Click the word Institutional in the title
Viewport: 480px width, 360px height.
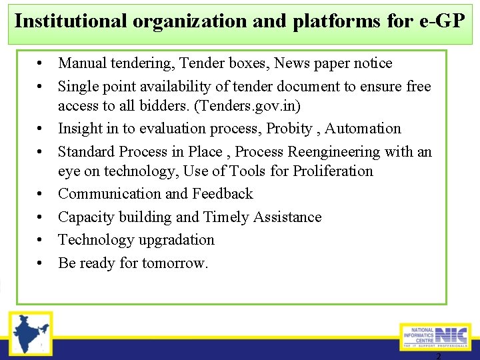click(71, 21)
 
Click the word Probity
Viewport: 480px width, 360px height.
click(289, 129)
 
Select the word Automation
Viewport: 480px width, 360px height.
click(363, 129)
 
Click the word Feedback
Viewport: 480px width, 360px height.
click(223, 194)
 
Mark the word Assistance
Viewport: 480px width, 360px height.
click(287, 217)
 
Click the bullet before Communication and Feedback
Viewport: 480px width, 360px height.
click(41, 194)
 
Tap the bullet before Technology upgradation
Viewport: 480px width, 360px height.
click(41, 240)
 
